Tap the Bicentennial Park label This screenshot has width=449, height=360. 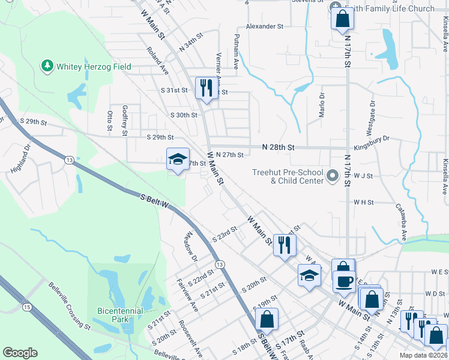point(120,315)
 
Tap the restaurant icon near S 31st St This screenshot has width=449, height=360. point(206,88)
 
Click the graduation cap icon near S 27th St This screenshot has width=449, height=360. point(177,159)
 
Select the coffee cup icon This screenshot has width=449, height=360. point(344,281)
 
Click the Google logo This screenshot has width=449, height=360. point(20,353)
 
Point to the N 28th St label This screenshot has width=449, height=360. point(278,147)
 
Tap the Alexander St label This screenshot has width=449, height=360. point(264,27)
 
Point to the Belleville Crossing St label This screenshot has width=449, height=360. point(69,306)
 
